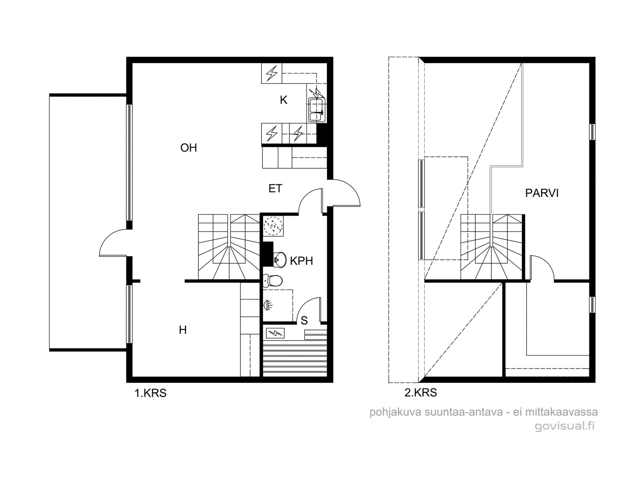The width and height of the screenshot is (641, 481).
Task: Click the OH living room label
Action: [x=188, y=148]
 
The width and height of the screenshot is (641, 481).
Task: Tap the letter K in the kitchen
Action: [x=283, y=100]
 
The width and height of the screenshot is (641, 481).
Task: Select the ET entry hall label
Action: [x=275, y=188]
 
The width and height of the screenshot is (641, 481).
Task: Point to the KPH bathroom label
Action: [x=301, y=261]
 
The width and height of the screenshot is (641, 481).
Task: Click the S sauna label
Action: [x=304, y=320]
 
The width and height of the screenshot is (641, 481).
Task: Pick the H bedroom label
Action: [x=183, y=330]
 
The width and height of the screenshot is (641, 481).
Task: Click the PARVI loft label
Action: [x=542, y=193]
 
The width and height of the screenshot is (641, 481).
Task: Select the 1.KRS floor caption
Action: [x=150, y=393]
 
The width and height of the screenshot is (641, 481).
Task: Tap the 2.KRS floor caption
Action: [x=421, y=393]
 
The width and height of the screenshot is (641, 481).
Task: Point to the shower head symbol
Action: [x=267, y=305]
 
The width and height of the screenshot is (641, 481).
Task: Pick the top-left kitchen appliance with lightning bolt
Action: [x=271, y=73]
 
